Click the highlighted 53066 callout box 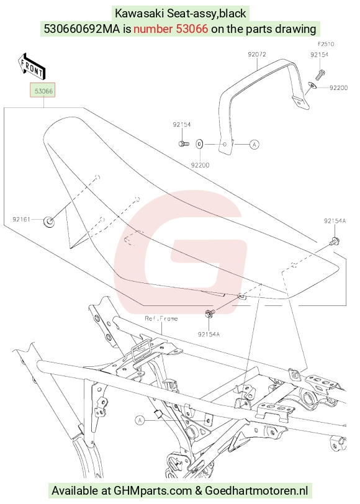[43, 91]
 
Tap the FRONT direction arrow [32, 66]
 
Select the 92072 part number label [257, 55]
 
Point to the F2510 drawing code [326, 44]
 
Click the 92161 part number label [21, 220]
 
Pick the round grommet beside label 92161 [48, 222]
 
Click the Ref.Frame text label [161, 318]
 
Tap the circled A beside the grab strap [254, 145]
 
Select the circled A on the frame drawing [140, 420]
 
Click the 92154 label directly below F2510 [319, 55]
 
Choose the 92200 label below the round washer [200, 165]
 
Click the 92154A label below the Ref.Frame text [209, 335]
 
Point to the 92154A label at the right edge [335, 221]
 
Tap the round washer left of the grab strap [199, 145]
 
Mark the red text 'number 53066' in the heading [171, 29]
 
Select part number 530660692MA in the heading [83, 29]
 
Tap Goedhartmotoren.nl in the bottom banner [256, 491]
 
